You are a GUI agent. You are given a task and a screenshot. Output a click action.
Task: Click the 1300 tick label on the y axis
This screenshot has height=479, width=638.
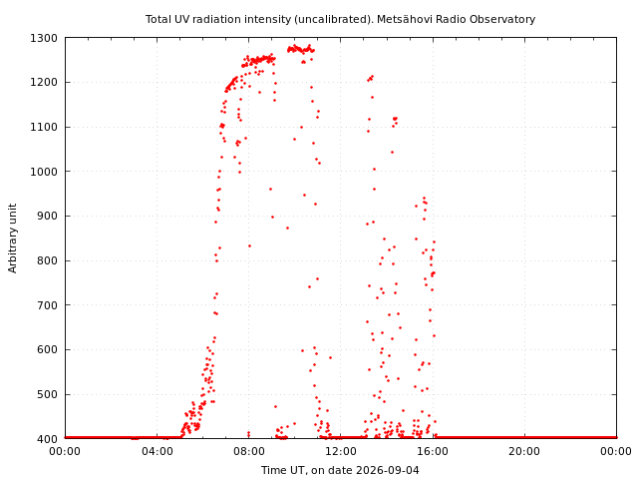click(44, 38)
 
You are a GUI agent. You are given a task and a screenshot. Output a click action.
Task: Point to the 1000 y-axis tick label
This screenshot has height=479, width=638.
click(44, 172)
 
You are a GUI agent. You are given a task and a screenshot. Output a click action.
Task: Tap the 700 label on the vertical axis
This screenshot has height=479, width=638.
click(47, 305)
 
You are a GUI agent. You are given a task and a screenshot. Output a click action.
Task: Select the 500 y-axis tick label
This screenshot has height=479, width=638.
click(47, 394)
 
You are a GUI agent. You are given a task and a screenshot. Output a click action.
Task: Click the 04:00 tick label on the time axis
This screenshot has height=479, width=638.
click(158, 451)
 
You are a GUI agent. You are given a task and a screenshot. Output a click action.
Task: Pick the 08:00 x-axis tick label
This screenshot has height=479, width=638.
click(248, 451)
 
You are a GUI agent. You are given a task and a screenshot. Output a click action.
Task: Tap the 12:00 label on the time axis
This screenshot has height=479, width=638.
click(341, 451)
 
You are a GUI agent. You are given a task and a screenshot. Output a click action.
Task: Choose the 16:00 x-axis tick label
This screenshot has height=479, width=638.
click(433, 451)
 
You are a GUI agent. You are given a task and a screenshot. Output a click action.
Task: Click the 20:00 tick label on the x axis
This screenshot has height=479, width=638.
click(524, 451)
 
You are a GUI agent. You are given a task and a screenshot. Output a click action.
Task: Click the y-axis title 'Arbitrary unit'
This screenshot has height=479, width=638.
click(13, 239)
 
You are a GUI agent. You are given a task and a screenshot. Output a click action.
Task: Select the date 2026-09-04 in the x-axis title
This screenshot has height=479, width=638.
click(388, 470)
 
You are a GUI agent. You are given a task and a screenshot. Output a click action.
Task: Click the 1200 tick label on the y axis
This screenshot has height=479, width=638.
click(44, 82)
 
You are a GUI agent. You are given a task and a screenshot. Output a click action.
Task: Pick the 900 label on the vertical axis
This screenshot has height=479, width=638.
click(47, 216)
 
